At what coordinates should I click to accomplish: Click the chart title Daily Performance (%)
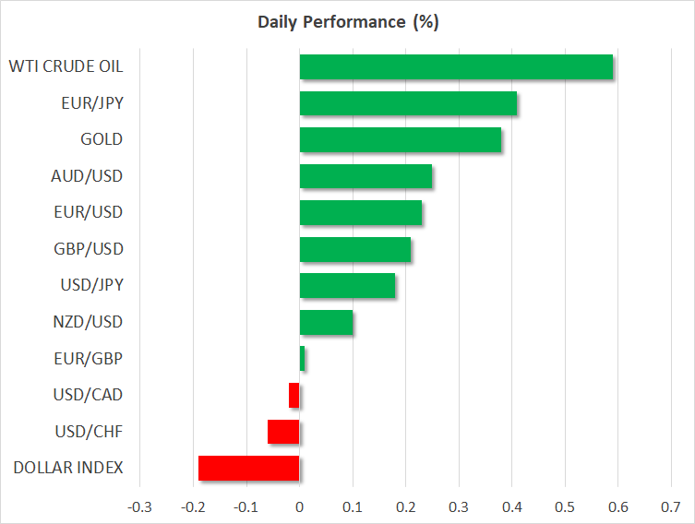point(348,22)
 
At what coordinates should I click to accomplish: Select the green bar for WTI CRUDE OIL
point(456,67)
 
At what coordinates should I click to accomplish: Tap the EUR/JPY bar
point(408,103)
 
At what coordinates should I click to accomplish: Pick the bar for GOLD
point(401,139)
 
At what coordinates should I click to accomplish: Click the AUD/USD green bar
point(365,176)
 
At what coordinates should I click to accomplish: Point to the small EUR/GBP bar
point(302,358)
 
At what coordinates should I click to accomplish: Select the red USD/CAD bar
point(294,395)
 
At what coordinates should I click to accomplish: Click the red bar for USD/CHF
point(283,432)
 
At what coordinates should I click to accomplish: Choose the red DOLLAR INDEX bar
point(248,468)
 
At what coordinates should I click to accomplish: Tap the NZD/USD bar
point(326,322)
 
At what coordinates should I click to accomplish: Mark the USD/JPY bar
point(347,286)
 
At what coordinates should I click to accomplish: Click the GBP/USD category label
point(89,249)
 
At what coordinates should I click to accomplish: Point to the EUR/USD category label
point(89,212)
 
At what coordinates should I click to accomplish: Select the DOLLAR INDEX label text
point(68,468)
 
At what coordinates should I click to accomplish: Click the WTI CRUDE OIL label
point(66,66)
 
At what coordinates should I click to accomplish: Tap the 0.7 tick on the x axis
point(671,507)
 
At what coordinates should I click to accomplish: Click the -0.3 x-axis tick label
point(139,507)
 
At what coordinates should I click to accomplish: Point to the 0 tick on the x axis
point(300,507)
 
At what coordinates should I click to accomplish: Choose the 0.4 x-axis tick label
point(512,507)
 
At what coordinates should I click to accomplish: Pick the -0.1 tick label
point(246,507)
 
